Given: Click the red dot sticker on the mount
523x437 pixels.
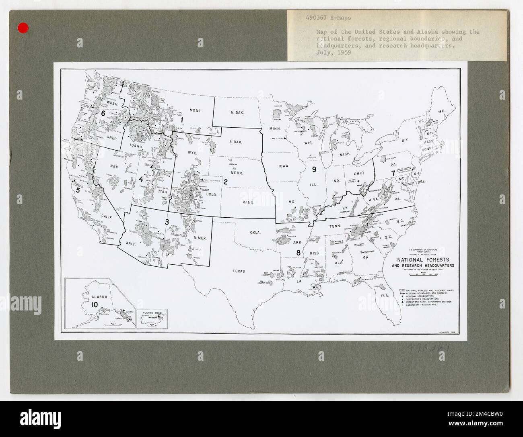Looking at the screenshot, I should coord(24,28).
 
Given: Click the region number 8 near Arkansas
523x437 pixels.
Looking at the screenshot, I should coord(298,253).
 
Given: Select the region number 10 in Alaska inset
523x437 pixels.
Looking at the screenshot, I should coord(94,305).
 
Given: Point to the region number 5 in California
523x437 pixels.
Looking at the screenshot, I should coord(78,190).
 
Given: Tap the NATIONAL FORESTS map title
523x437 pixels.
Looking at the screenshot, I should coord(426,260).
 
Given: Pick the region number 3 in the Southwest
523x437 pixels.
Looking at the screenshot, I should coord(167,221).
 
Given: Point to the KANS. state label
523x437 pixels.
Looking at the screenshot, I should coord(247,202).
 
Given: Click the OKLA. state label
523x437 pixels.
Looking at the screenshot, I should coord(255,232).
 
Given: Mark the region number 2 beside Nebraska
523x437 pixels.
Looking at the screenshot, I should coord(226,182).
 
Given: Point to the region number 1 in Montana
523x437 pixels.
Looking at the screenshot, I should coord(182,119).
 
